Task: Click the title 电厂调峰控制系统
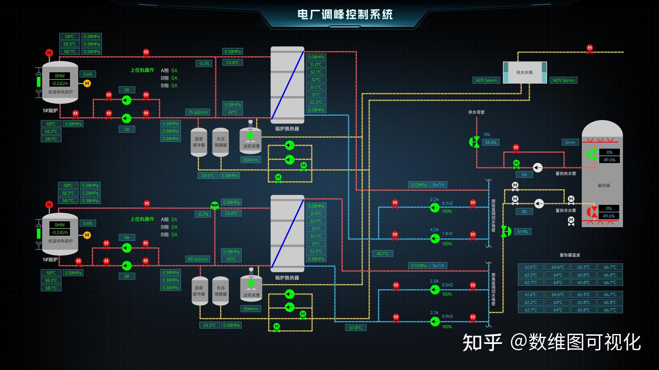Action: (345, 15)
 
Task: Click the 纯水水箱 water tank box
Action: (524, 72)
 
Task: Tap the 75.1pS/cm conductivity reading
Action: (198, 112)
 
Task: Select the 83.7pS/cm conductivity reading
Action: (198, 259)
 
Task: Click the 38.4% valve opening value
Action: (490, 142)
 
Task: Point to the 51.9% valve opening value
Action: (522, 232)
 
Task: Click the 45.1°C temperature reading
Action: (382, 254)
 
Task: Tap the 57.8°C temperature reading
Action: (356, 328)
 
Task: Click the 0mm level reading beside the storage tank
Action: (570, 142)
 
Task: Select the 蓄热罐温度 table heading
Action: (570, 255)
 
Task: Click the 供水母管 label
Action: (476, 112)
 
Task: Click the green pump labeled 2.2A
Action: (435, 208)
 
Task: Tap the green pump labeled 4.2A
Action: (435, 238)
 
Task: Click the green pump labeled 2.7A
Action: (435, 321)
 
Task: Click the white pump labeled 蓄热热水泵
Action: (537, 168)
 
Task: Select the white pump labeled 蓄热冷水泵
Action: (539, 204)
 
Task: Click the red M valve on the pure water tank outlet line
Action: (590, 48)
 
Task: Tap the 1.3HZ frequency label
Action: (447, 233)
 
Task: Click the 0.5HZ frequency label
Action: (447, 285)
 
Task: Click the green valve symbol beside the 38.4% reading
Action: (474, 142)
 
